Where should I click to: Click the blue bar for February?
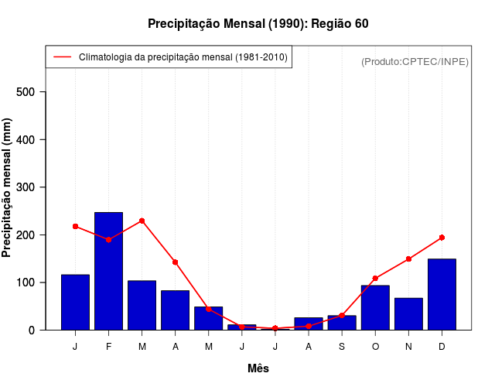click(108, 271)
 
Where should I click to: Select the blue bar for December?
click(442, 294)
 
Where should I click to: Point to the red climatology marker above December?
click(442, 238)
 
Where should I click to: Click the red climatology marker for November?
click(408, 259)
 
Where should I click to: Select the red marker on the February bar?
click(108, 240)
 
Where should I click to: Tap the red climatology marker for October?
click(375, 279)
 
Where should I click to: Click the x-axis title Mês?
click(258, 368)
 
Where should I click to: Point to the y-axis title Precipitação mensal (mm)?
click(8, 187)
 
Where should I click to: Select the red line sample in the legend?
click(62, 57)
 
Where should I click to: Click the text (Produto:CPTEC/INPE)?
click(415, 61)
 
